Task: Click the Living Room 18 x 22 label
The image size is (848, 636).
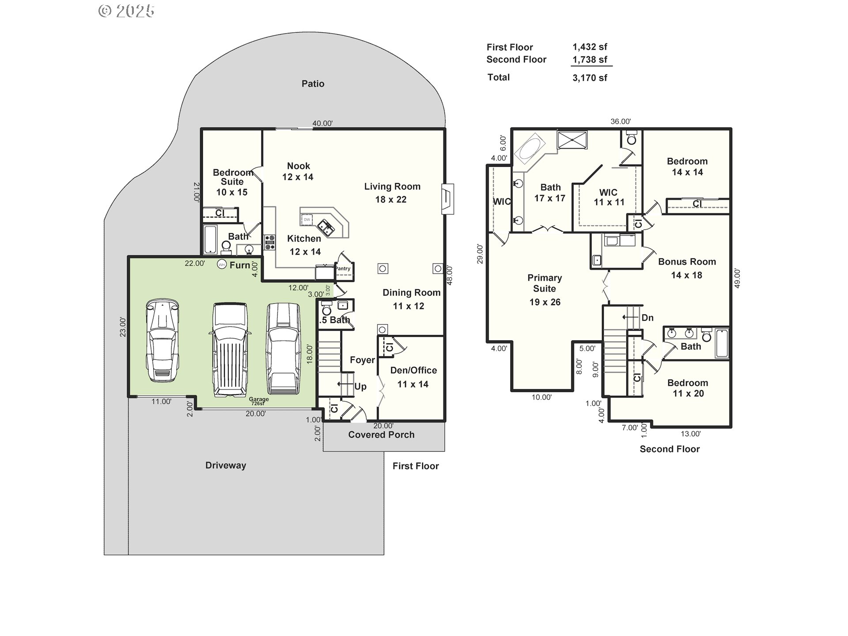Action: (x=392, y=193)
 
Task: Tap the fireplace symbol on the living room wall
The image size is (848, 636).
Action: (x=448, y=199)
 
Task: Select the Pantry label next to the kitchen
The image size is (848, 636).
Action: (x=343, y=269)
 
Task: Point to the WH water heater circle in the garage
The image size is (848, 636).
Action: (x=222, y=265)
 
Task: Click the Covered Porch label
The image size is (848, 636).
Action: (x=381, y=435)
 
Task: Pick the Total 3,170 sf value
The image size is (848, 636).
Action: (x=590, y=78)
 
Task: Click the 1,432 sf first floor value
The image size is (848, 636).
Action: (x=590, y=47)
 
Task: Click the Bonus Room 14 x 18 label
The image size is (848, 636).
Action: (x=687, y=268)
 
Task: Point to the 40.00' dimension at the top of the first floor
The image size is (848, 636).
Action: (x=322, y=124)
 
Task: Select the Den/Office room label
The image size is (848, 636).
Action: (x=413, y=371)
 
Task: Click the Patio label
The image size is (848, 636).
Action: (x=313, y=84)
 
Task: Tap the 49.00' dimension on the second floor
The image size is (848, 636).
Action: (x=737, y=278)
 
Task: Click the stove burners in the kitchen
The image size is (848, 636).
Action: (x=269, y=242)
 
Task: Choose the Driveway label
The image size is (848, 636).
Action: (x=225, y=465)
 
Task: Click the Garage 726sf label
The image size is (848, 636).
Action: (x=258, y=401)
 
